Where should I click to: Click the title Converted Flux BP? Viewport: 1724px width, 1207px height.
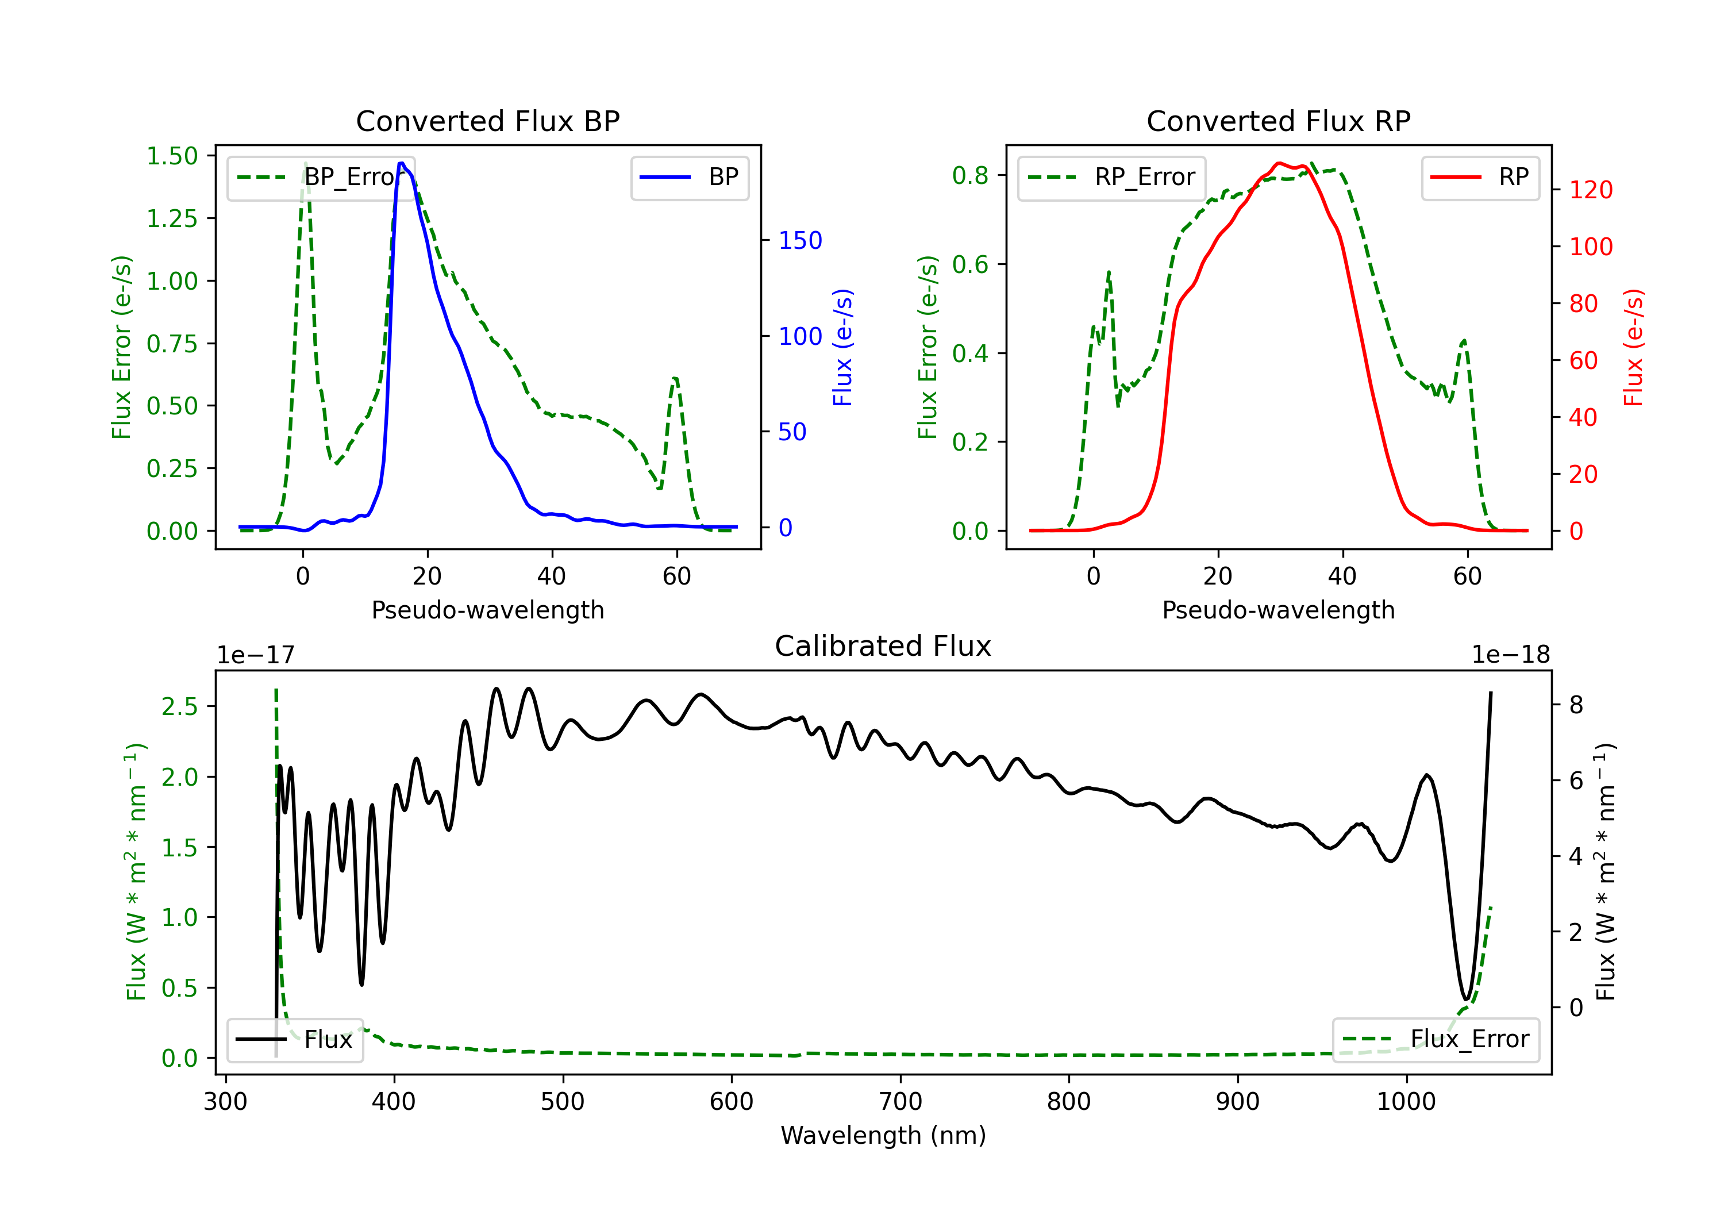pyautogui.click(x=487, y=121)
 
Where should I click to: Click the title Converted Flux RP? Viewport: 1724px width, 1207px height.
pyautogui.click(x=1278, y=121)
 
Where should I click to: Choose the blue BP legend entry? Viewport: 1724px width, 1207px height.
pyautogui.click(x=689, y=177)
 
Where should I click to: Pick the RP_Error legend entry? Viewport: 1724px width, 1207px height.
pyautogui.click(x=1111, y=177)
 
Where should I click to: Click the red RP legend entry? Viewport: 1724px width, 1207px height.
pyautogui.click(x=1479, y=177)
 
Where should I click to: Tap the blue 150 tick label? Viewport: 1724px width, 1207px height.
pyautogui.click(x=801, y=240)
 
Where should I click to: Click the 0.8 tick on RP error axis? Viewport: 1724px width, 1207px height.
pyautogui.click(x=970, y=175)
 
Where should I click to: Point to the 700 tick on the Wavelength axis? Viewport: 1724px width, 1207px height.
pyautogui.click(x=901, y=1101)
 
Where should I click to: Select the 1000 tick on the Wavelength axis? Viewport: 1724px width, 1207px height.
pyautogui.click(x=1406, y=1101)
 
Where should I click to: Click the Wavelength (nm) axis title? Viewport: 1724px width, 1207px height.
pyautogui.click(x=883, y=1135)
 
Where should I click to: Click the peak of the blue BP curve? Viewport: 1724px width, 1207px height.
pyautogui.click(x=402, y=163)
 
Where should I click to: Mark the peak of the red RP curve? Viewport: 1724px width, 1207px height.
pyautogui.click(x=1279, y=163)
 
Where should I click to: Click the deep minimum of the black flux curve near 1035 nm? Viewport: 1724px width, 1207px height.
pyautogui.click(x=1466, y=999)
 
